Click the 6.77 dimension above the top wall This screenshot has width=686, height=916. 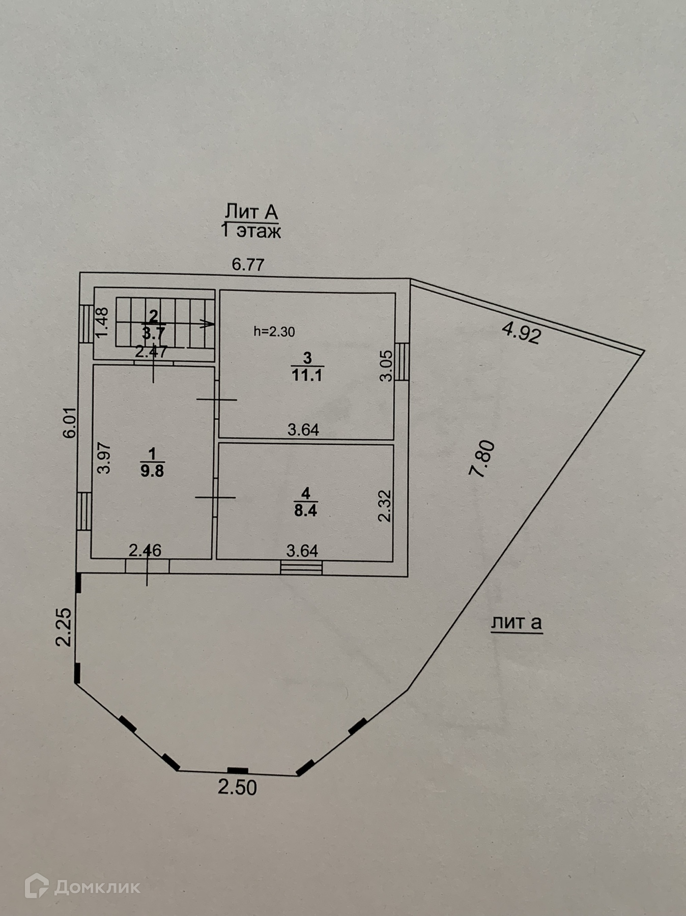tap(248, 265)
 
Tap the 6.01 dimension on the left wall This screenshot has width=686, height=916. tap(70, 422)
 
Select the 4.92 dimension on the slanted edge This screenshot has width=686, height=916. tap(521, 333)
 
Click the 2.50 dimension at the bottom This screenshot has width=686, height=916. tap(237, 787)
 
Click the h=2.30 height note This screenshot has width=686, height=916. tap(274, 332)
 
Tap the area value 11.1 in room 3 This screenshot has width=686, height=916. tap(307, 376)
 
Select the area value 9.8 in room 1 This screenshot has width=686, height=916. tap(152, 471)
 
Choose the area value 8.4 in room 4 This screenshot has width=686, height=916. tap(305, 510)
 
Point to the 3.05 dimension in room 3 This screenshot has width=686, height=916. tap(386, 365)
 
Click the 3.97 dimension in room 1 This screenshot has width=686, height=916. tap(104, 458)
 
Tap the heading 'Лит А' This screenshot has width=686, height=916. tap(251, 211)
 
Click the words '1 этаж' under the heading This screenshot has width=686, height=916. tap(251, 231)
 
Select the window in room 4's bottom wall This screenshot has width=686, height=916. tap(301, 567)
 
